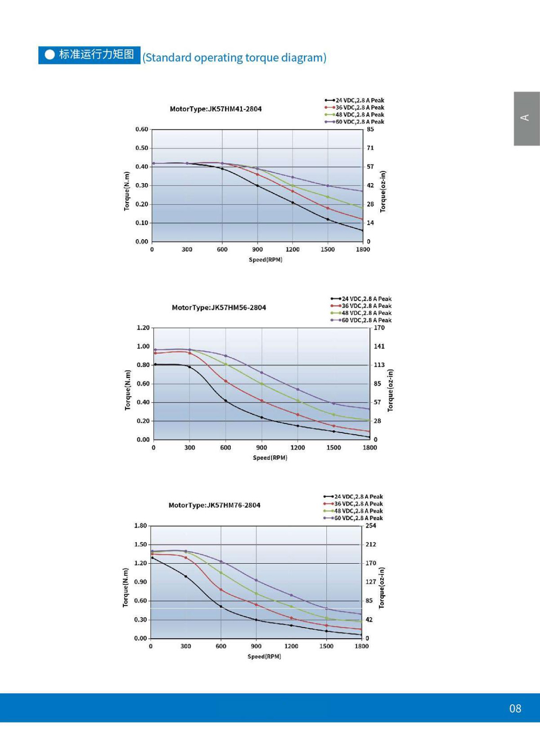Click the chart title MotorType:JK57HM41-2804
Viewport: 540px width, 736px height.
click(x=215, y=109)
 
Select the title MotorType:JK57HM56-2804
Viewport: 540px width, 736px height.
click(x=219, y=308)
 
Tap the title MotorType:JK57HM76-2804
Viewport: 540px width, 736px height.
click(x=214, y=505)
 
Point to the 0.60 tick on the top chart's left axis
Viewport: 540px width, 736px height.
click(x=141, y=130)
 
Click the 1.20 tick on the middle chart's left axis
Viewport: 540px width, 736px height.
click(x=143, y=328)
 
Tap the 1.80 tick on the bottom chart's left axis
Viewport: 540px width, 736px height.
click(x=140, y=526)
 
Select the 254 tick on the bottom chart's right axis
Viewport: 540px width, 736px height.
click(x=371, y=526)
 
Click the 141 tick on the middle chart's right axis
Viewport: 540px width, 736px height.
click(x=379, y=347)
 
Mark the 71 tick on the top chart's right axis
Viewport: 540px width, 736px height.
click(x=370, y=148)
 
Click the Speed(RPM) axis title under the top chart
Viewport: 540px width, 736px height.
click(x=265, y=260)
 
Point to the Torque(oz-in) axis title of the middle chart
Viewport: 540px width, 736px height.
click(x=390, y=390)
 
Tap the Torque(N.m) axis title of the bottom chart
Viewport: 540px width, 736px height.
click(x=126, y=588)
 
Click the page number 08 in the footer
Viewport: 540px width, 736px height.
click(x=515, y=708)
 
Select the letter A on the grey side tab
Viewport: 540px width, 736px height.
click(x=524, y=118)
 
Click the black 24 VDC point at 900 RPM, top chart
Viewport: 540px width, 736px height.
click(x=258, y=186)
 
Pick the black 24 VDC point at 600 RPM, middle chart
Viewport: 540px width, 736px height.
click(x=226, y=401)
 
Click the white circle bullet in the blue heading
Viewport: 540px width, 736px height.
click(x=50, y=55)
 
